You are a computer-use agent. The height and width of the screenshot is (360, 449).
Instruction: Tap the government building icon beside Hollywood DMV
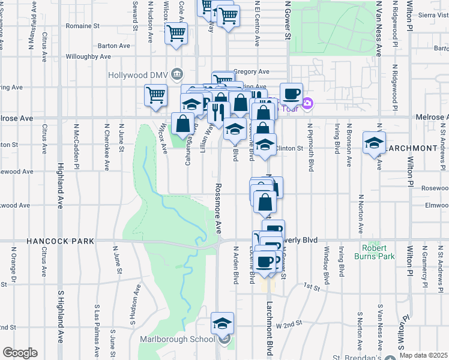pos(177,74)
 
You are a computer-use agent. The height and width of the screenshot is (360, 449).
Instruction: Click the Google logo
pos(20,353)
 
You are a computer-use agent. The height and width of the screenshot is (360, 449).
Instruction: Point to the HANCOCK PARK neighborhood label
pos(60,241)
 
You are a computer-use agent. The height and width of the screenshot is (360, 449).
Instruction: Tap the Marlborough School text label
pos(177,339)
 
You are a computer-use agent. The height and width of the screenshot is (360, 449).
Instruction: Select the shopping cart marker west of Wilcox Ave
pos(156,95)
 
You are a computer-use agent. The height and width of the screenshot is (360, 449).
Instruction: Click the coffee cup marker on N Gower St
pos(291,94)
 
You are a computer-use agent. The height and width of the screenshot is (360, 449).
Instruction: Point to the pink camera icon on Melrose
pos(307,103)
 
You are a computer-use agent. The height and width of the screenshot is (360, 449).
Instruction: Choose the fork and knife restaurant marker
pos(218,111)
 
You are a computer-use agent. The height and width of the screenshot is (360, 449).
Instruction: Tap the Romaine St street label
pos(83,26)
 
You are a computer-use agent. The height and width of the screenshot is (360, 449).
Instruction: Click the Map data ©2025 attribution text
pos(423,355)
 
